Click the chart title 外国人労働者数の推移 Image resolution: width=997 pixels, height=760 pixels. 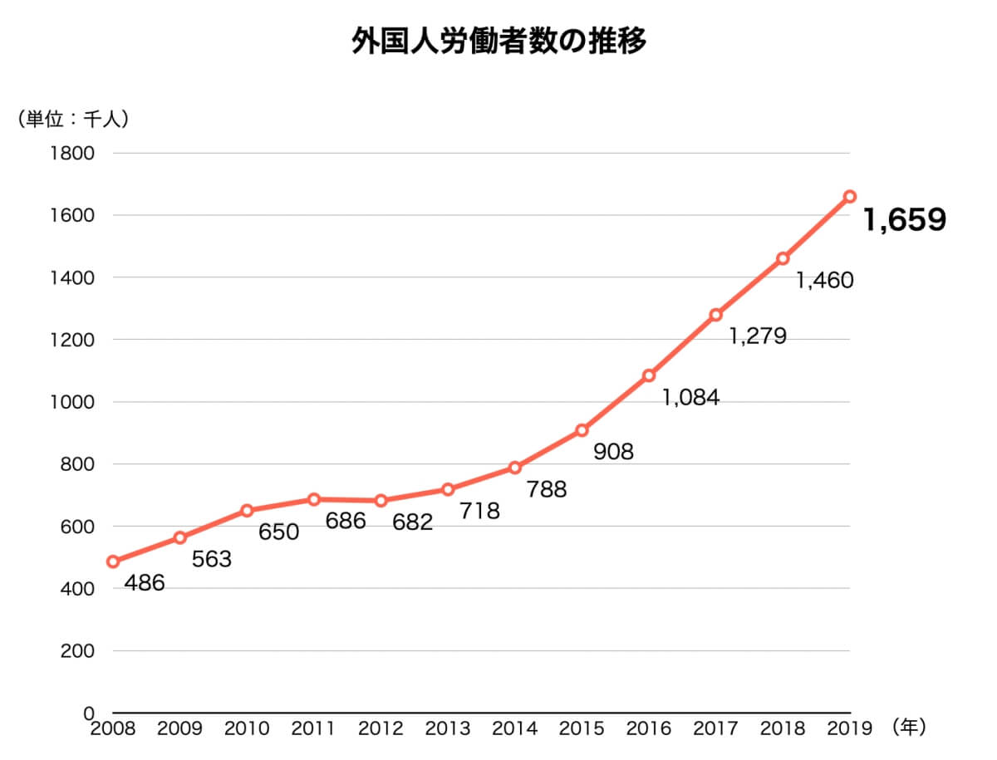pos(498,42)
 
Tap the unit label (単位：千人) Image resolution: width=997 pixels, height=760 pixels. pos(72,119)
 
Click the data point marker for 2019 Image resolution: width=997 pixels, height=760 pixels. pos(849,197)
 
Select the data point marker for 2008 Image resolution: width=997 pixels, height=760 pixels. pos(113,561)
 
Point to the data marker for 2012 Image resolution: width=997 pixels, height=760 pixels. pos(381,501)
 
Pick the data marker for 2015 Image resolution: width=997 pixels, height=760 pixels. pos(582,430)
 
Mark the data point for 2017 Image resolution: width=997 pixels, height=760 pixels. pos(715,315)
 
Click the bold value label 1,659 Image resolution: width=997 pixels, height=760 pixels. pos(905,220)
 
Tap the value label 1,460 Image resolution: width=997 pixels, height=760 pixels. pos(824,281)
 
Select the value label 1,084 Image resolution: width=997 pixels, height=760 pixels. pos(690,398)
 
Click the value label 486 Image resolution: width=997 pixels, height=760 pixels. pos(145,583)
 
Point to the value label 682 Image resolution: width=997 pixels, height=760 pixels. pos(413,522)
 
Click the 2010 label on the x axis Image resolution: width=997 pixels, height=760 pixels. pos(247,728)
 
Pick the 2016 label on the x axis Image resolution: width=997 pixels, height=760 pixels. pos(649,728)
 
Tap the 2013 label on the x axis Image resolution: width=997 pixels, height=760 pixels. pos(448,728)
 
